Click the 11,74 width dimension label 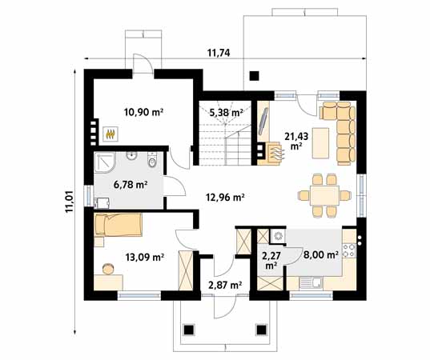[x=219, y=53]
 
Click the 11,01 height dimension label [x=69, y=202]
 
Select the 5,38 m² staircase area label [x=227, y=112]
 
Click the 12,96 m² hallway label [x=225, y=197]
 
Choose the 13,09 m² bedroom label [x=144, y=258]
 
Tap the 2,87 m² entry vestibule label [x=225, y=286]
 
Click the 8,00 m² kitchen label [x=320, y=254]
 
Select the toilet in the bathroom [x=151, y=160]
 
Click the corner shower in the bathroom [x=105, y=162]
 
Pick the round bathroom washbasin [x=132, y=156]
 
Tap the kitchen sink [x=311, y=282]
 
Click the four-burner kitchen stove [x=349, y=250]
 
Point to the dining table [x=324, y=195]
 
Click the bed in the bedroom [x=119, y=225]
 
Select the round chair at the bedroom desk [x=108, y=269]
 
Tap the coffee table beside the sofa [x=320, y=143]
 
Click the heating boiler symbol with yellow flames [x=111, y=134]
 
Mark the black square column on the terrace [x=255, y=76]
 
